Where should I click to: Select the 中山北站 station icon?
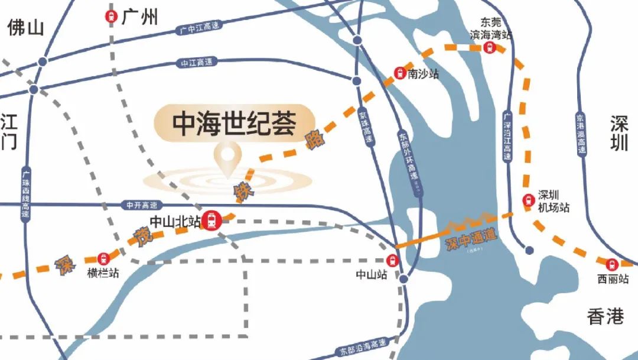pos(211,221)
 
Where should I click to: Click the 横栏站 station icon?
pos(105,258)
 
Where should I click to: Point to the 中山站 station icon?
pos(392,260)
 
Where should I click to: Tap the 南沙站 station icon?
pos(400,73)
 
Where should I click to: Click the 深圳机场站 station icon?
pos(528,201)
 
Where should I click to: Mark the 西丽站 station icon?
pos(612,264)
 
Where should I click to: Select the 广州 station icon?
pos(111,17)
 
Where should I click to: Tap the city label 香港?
pos(606,317)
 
